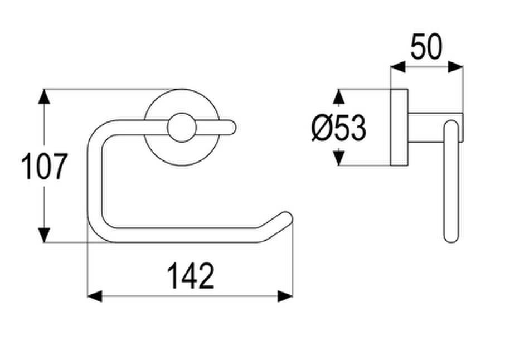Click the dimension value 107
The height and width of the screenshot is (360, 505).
[x=45, y=166]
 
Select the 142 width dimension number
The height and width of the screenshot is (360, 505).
[x=191, y=276]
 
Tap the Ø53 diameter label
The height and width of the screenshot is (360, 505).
[x=339, y=128]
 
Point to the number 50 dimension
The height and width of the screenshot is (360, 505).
[x=426, y=47]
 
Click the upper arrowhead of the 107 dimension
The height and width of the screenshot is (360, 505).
[x=44, y=96]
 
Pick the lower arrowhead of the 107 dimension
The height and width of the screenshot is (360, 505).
[x=44, y=235]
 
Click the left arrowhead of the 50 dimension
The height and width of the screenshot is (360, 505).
[x=398, y=67]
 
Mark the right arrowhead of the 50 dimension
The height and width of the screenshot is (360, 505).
[x=455, y=67]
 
